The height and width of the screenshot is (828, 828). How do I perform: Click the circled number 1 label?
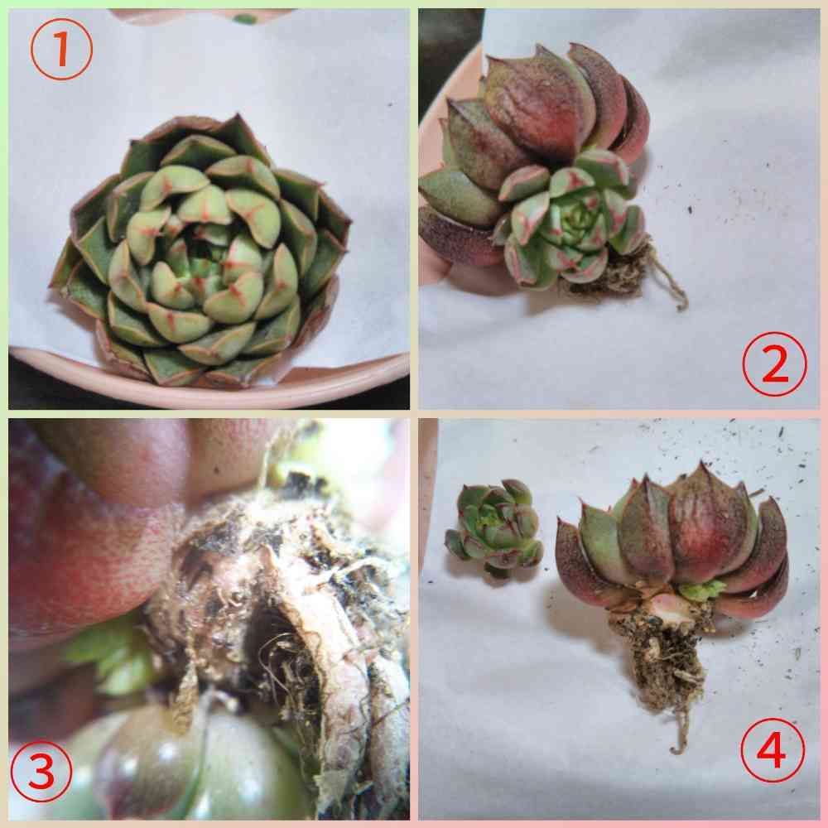click(61, 50)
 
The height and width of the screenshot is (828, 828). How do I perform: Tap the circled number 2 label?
click(775, 364)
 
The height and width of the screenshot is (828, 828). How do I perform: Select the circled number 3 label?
click(41, 772)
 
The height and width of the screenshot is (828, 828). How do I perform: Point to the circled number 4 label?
click(773, 750)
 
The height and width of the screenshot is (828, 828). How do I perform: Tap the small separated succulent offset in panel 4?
click(494, 527)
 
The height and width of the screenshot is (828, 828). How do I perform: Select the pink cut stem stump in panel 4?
click(670, 607)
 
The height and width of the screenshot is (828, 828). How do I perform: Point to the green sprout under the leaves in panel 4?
click(701, 589)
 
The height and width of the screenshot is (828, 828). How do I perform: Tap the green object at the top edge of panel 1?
click(245, 18)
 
